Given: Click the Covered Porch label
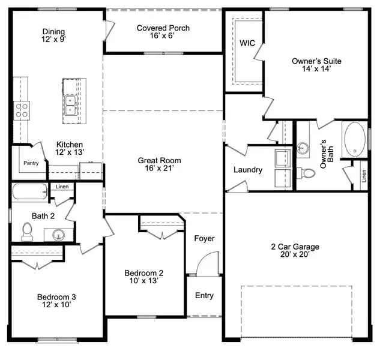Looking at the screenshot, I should [163, 28].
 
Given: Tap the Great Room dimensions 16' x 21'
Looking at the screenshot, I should [159, 170].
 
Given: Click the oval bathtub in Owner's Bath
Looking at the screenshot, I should [354, 139].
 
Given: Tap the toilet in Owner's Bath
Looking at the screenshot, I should [309, 173].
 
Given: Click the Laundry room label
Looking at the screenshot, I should [248, 170].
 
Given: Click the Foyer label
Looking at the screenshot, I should [204, 239].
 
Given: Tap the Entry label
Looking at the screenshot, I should [204, 296].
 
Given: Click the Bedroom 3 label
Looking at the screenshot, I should [56, 297].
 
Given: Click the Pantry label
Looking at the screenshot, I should [31, 163].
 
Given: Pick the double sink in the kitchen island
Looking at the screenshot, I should [71, 105].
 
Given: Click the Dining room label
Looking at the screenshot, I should [53, 32].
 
